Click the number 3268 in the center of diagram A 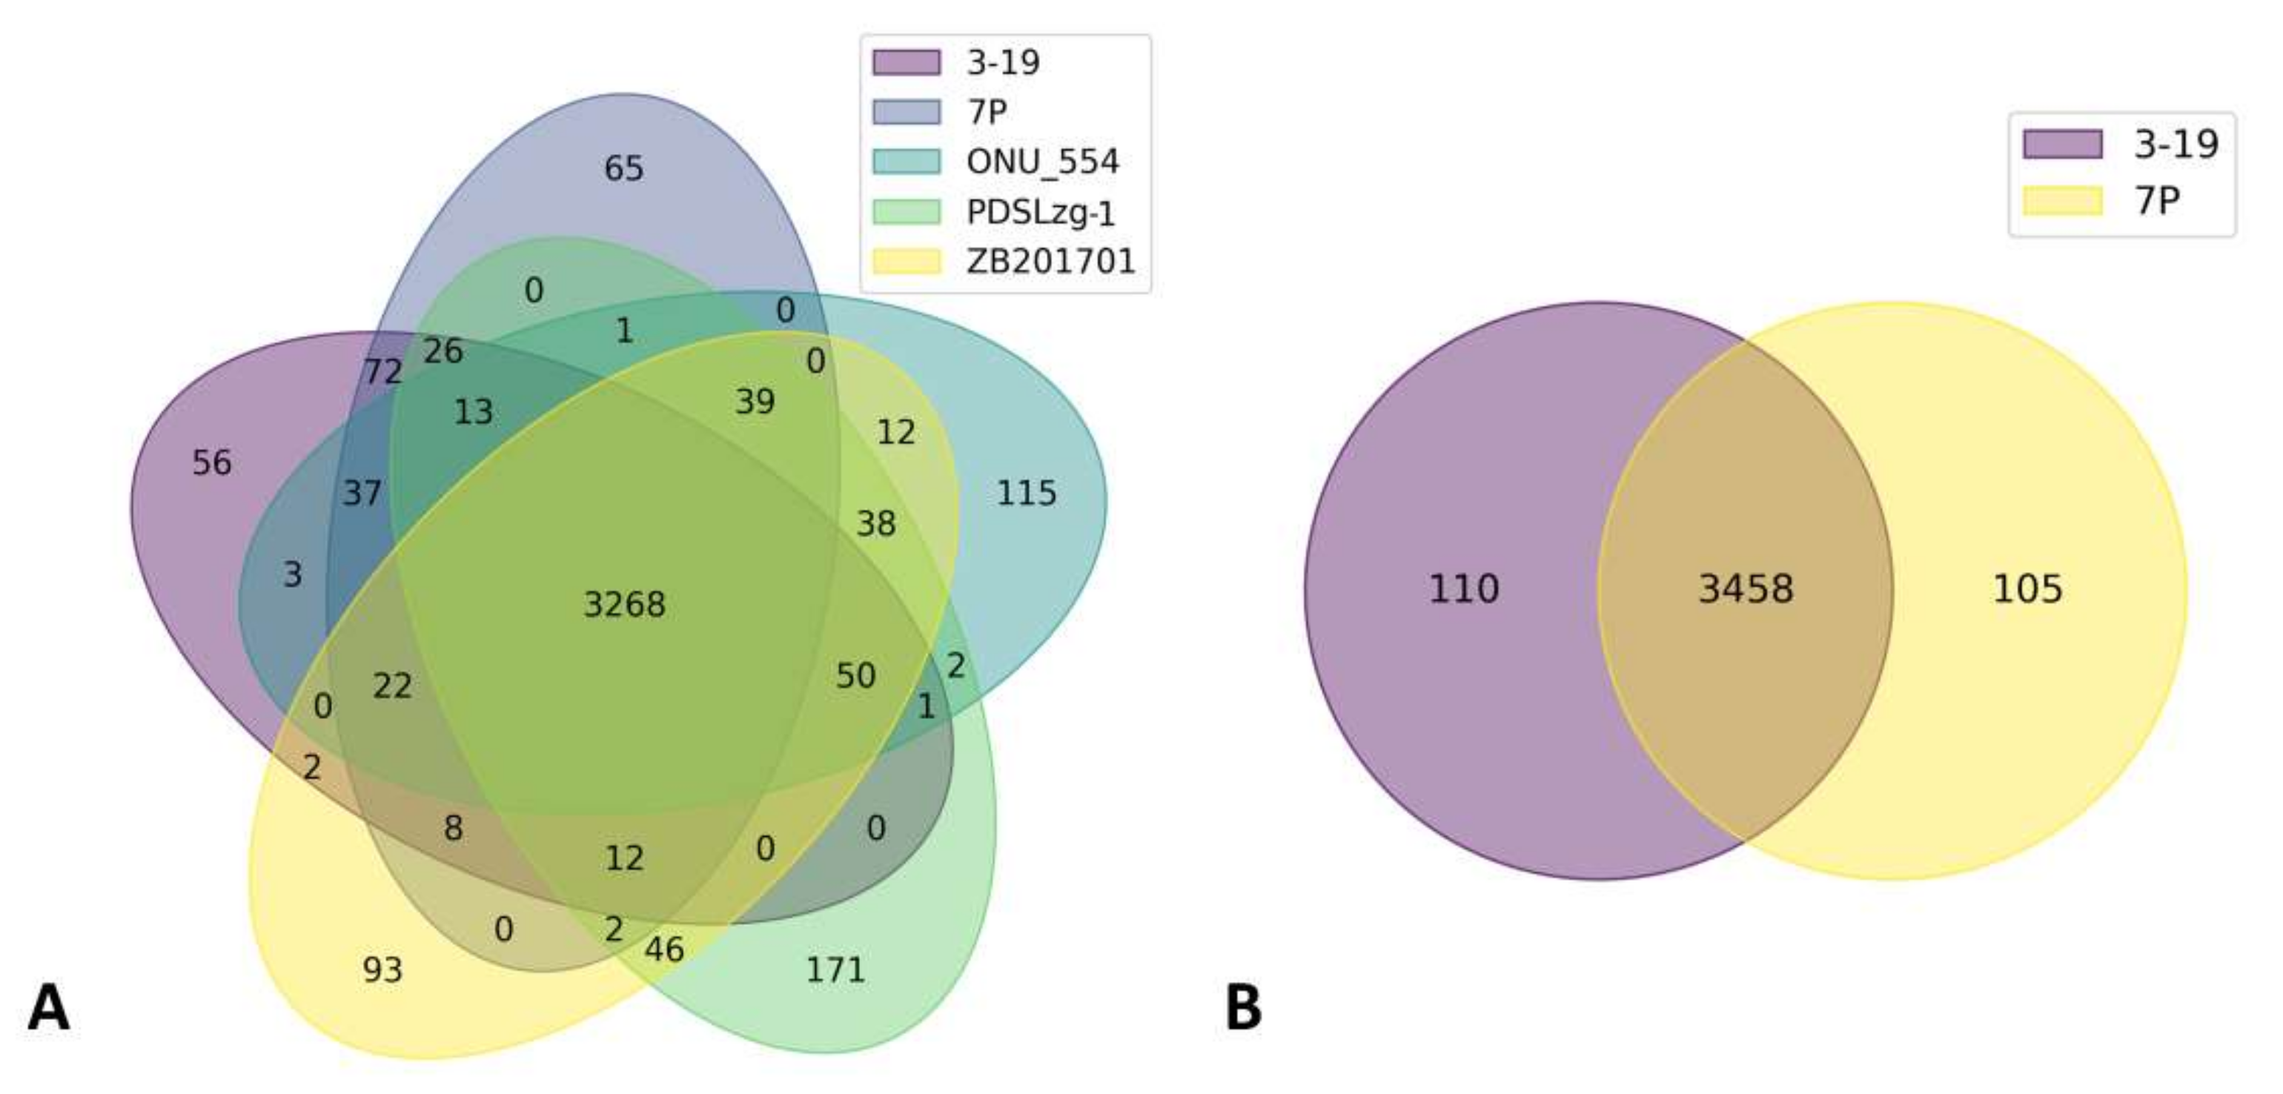point(624,605)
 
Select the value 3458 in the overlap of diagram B point(1745,589)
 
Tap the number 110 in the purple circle point(1463,589)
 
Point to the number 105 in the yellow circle point(2027,589)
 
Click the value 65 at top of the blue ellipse point(624,168)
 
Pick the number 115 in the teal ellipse point(1027,493)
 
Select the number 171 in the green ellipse point(835,970)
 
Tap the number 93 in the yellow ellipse point(382,970)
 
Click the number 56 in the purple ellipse point(212,462)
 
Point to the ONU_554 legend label point(1042,162)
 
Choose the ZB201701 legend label point(1050,262)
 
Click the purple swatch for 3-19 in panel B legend point(2062,144)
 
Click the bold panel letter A point(48,1009)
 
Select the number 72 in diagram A point(383,371)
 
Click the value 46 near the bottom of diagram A point(664,949)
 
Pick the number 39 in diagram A point(755,402)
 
